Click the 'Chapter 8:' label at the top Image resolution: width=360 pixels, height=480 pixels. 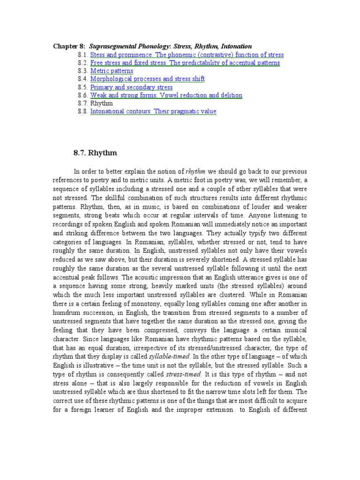pos(69,46)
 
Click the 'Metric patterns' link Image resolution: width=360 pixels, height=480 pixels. pos(112,71)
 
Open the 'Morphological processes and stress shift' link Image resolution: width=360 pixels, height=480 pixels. pos(147,79)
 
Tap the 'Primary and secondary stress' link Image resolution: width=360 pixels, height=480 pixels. pos(131,87)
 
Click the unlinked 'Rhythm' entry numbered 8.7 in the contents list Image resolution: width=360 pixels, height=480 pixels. pos(101,103)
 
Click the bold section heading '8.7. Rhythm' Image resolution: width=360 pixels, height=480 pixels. pos(96,153)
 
